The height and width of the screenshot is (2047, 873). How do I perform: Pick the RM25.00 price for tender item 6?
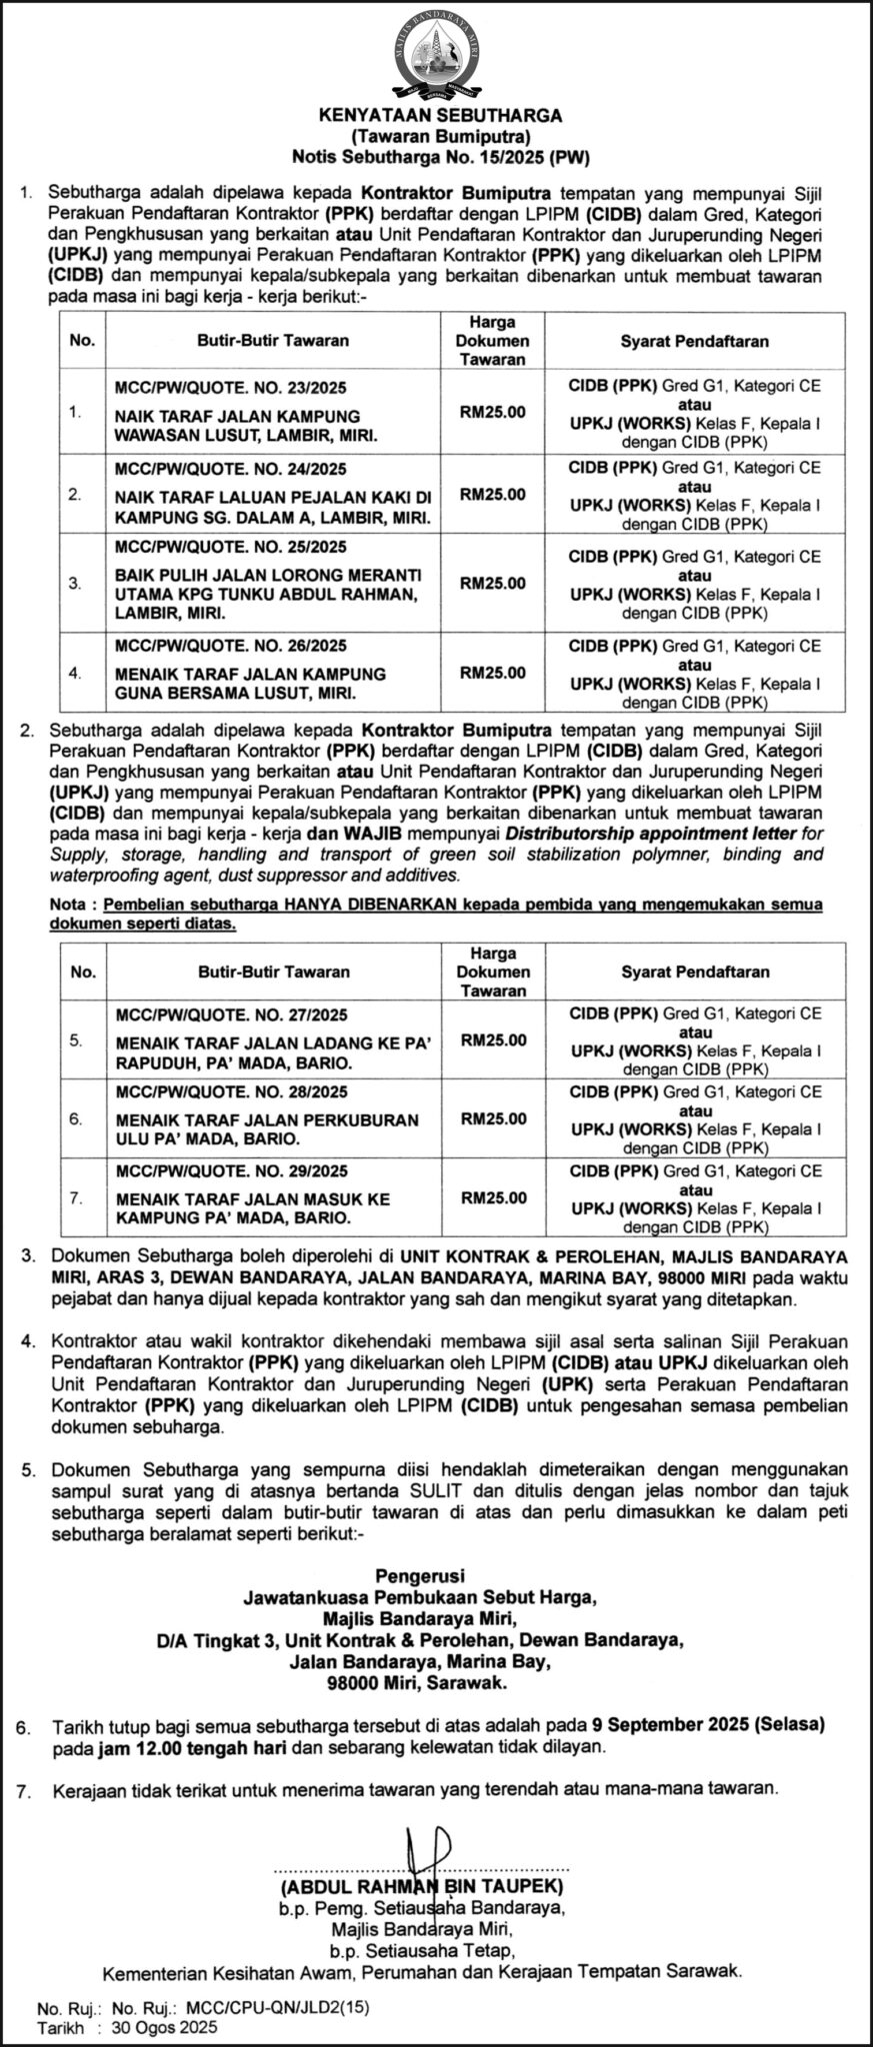click(493, 1118)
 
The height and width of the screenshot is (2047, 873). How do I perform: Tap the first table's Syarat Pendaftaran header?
click(694, 341)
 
